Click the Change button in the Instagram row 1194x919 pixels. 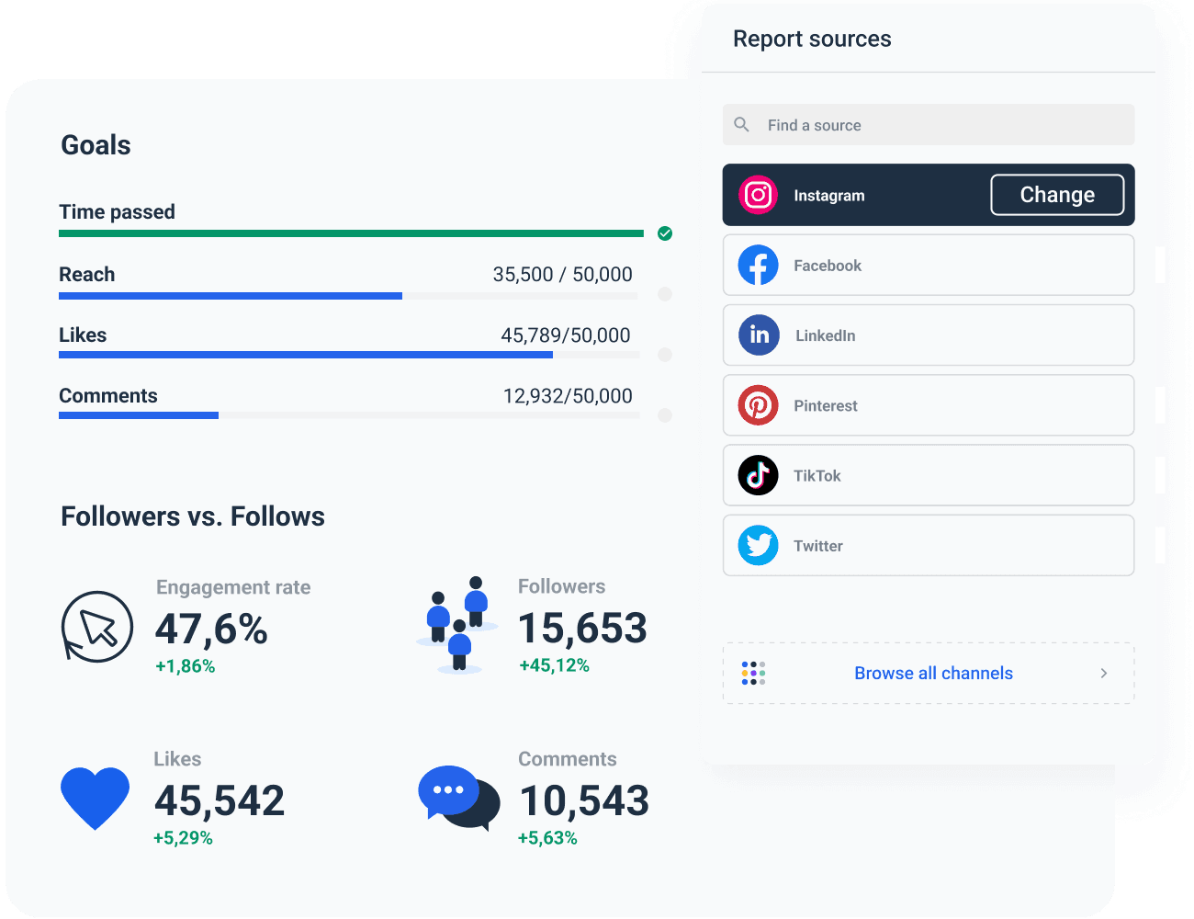click(1056, 195)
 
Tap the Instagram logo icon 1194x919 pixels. click(758, 195)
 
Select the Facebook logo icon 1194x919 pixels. click(758, 266)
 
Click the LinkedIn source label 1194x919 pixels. click(825, 335)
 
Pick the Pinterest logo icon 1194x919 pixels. click(758, 405)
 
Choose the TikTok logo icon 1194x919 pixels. click(758, 475)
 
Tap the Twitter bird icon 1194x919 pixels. click(758, 546)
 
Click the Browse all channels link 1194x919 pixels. click(933, 674)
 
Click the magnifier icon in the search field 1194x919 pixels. click(742, 124)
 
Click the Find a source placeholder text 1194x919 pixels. click(814, 125)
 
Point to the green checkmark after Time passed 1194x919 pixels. click(665, 233)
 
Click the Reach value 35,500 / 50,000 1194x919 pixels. click(562, 275)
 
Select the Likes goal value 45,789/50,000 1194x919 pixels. click(565, 335)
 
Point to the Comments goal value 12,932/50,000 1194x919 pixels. click(567, 396)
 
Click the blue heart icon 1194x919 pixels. click(95, 797)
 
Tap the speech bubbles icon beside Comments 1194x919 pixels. click(458, 797)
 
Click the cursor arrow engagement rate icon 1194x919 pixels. click(97, 627)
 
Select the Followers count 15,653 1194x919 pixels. click(582, 629)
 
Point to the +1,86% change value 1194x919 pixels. click(185, 666)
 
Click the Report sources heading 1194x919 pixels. click(812, 39)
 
